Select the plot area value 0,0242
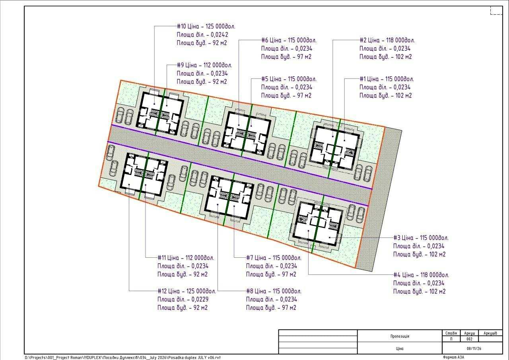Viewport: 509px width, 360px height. click(x=219, y=35)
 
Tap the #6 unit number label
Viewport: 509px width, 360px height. click(x=265, y=41)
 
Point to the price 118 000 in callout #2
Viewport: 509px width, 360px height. click(x=396, y=41)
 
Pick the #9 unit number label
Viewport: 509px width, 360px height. click(x=180, y=65)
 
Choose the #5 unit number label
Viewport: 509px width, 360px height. click(x=265, y=79)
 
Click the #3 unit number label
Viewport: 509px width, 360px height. click(x=397, y=238)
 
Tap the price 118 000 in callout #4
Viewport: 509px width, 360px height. click(x=430, y=275)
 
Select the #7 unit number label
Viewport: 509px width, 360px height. click(x=249, y=258)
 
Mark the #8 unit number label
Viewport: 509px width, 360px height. click(x=249, y=291)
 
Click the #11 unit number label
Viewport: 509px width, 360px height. click(x=161, y=258)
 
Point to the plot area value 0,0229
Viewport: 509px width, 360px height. click(x=200, y=300)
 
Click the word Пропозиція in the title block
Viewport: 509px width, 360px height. click(x=400, y=336)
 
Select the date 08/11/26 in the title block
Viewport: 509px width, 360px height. click(x=474, y=348)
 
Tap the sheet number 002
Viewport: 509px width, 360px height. click(x=470, y=339)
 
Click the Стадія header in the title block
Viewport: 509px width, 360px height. click(x=451, y=333)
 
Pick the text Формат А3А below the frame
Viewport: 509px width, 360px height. click(x=454, y=357)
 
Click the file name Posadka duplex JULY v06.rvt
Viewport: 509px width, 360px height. click(x=194, y=358)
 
